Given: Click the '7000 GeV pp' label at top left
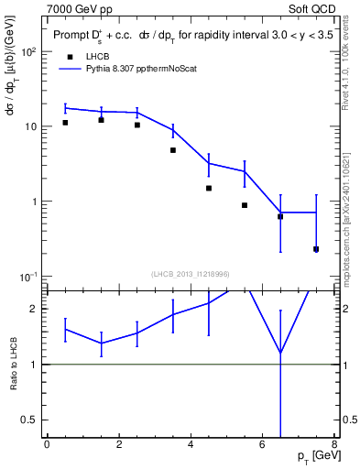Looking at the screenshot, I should pyautogui.click(x=81, y=9).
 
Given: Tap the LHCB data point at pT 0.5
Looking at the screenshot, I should pyautogui.click(x=65, y=123).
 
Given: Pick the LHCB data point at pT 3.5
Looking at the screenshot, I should pyautogui.click(x=173, y=150).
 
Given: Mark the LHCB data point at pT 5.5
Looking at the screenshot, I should pyautogui.click(x=245, y=205).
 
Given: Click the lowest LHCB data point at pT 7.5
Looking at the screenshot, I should pyautogui.click(x=316, y=249).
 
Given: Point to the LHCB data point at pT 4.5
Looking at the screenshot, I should pyautogui.click(x=209, y=188).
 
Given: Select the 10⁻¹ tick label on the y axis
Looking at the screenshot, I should pyautogui.click(x=27, y=277).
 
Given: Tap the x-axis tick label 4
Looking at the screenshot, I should pyautogui.click(x=191, y=445).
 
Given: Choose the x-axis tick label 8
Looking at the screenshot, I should pyautogui.click(x=333, y=445).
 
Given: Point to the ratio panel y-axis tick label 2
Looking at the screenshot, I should pyautogui.click(x=35, y=309).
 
